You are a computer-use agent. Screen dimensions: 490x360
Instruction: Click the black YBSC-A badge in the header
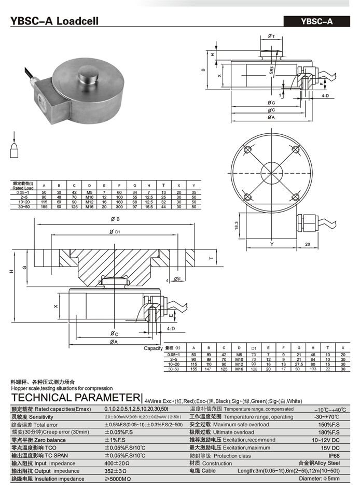(316, 21)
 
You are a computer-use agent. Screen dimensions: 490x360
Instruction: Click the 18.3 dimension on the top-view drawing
(236, 226)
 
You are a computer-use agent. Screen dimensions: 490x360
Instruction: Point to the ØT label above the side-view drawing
(272, 36)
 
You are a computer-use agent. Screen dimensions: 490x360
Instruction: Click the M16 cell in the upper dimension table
(89, 206)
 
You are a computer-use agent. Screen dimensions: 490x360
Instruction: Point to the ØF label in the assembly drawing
(177, 279)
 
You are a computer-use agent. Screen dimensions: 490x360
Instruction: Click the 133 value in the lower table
(313, 369)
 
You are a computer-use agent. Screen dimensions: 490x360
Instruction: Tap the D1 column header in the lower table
(254, 348)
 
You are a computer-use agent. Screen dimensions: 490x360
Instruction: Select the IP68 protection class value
(334, 456)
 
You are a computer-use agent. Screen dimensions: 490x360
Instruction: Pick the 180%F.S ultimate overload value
(329, 432)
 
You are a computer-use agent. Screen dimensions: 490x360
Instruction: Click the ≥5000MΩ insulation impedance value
(118, 479)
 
